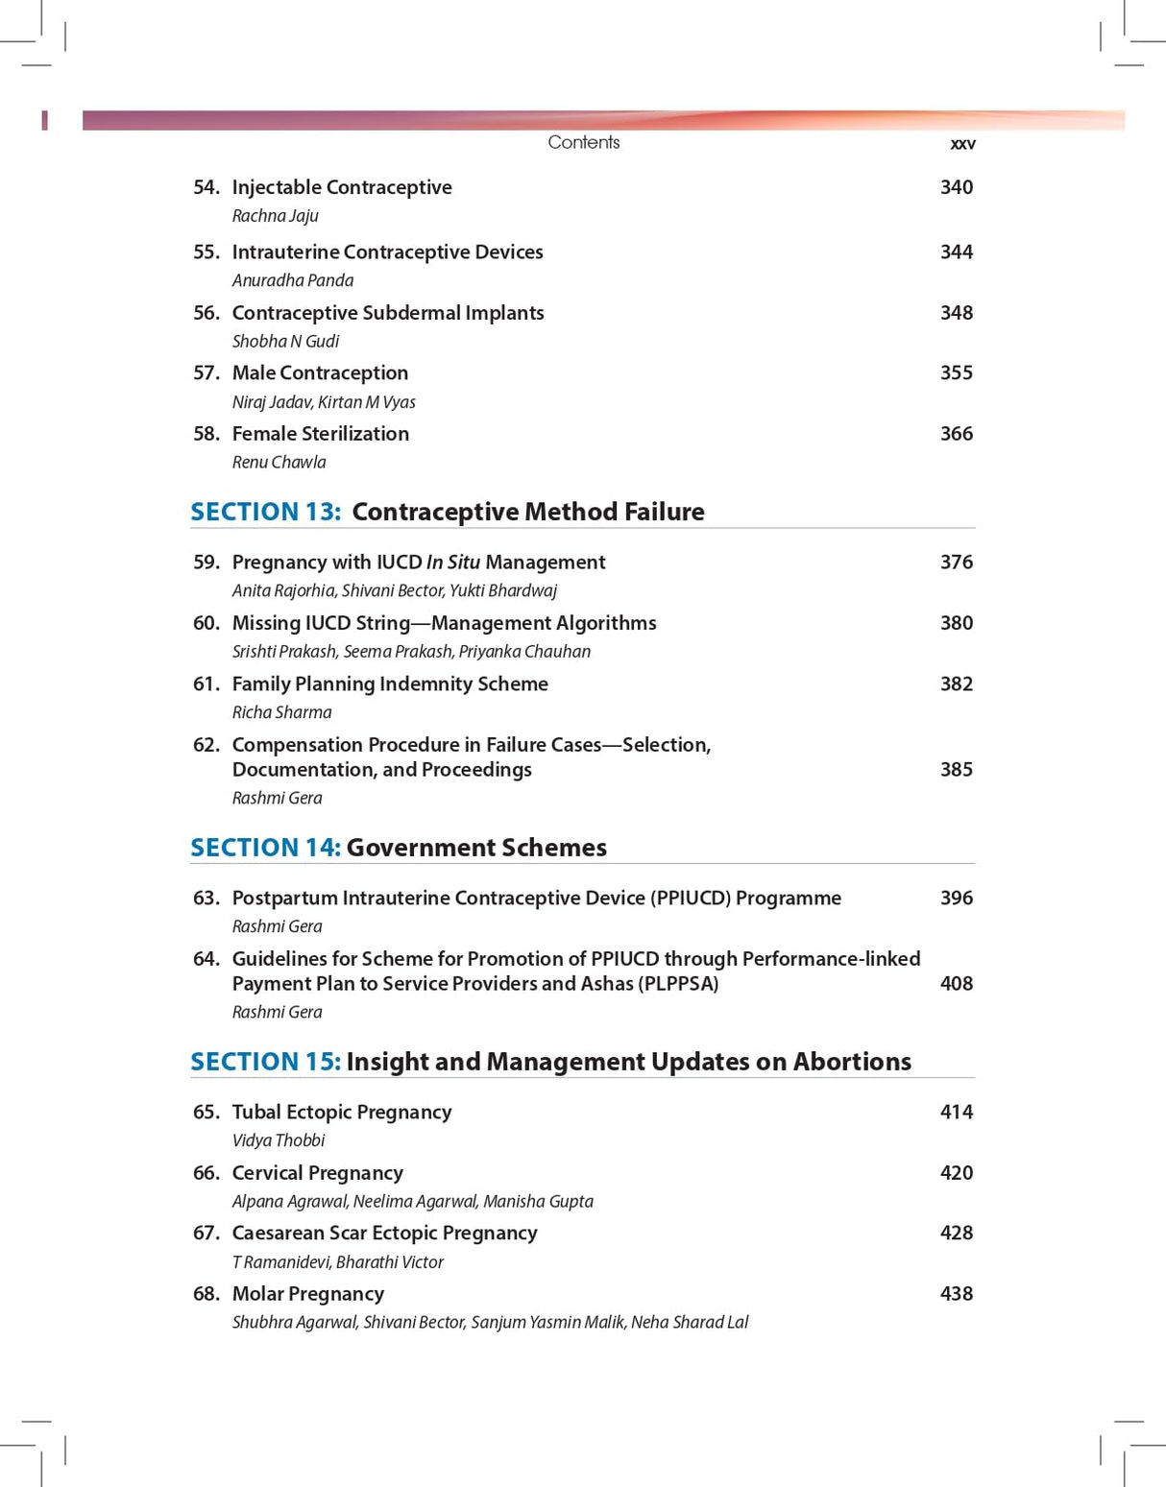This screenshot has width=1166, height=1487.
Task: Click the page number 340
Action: (956, 187)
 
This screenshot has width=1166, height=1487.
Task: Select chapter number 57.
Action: (206, 372)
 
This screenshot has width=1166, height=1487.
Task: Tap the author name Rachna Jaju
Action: (275, 216)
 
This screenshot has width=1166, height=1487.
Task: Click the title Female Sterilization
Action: (320, 434)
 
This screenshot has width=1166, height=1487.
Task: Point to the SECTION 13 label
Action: (265, 512)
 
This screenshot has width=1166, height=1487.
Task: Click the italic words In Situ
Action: (452, 563)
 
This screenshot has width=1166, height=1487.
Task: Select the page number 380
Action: (956, 623)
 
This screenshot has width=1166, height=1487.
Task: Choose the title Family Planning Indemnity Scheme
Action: (390, 684)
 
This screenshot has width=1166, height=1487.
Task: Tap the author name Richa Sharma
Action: (281, 712)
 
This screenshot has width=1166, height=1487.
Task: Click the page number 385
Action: (956, 770)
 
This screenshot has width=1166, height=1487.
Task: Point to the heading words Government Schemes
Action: (476, 848)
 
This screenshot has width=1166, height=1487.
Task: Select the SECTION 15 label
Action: (265, 1062)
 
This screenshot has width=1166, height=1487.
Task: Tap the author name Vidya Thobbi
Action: (279, 1140)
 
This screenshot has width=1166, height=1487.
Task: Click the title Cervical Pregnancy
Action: (317, 1173)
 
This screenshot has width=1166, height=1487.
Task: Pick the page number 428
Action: (956, 1233)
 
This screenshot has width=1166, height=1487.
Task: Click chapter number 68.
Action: (206, 1294)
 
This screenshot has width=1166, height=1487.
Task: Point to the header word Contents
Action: (584, 142)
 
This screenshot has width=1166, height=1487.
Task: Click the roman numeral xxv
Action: (962, 144)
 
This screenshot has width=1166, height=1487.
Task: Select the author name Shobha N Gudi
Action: (285, 342)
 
